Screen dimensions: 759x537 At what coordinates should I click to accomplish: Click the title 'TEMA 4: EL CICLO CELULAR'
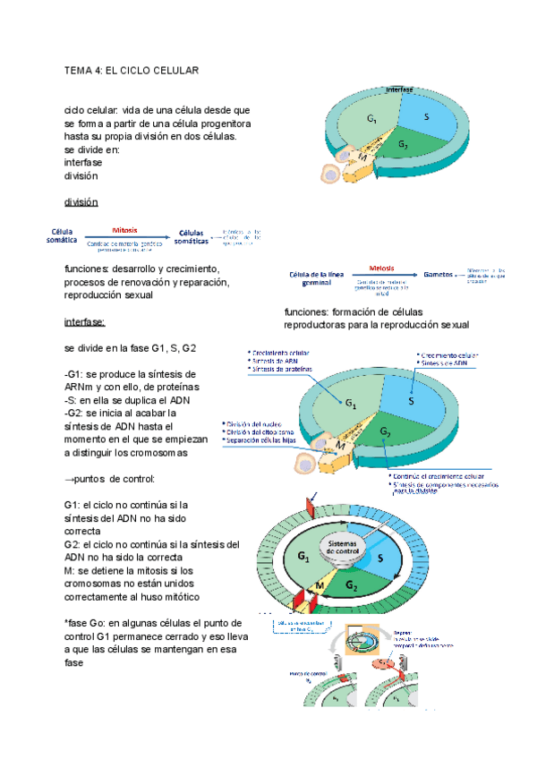(132, 70)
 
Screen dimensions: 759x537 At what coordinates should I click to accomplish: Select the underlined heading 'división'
(81, 202)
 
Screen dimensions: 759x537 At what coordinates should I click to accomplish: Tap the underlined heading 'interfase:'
(86, 322)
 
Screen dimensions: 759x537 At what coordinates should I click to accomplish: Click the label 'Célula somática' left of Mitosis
(63, 235)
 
